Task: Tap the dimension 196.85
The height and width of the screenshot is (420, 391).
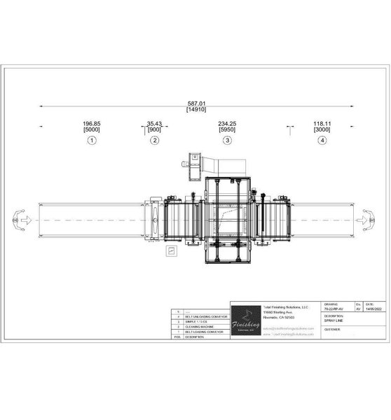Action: (92, 124)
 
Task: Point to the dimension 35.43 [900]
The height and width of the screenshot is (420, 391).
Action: (154, 127)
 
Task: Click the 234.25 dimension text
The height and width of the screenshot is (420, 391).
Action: (226, 124)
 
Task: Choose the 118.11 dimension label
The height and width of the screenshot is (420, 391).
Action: (322, 124)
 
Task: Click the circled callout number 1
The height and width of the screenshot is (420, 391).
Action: (92, 140)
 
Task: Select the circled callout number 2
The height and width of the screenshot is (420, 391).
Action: (154, 140)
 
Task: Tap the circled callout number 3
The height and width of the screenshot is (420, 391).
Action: (226, 140)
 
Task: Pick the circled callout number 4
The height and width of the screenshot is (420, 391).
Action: (322, 140)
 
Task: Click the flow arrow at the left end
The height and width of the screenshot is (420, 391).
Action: (20, 220)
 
